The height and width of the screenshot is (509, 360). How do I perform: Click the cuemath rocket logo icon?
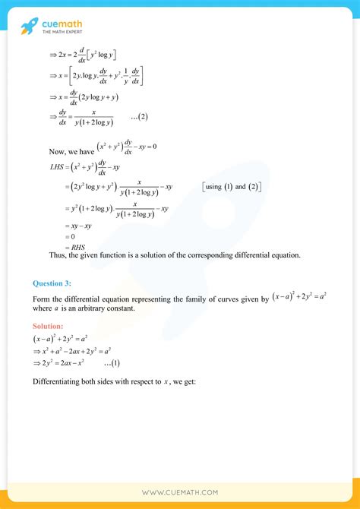point(29,26)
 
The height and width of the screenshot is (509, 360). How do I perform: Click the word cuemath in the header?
point(62,23)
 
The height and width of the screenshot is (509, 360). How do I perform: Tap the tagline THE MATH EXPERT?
point(62,33)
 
